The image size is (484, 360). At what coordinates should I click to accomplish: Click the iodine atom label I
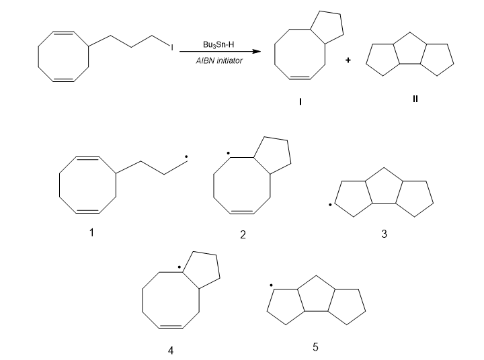point(172,48)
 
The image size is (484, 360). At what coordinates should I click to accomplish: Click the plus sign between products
point(348,60)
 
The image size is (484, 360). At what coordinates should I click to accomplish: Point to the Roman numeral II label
point(415,99)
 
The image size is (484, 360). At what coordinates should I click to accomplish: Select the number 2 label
point(243,235)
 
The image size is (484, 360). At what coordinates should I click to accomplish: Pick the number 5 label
point(315,347)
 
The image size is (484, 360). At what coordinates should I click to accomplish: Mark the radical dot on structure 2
point(229,154)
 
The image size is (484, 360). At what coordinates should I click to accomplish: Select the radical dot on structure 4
point(179,268)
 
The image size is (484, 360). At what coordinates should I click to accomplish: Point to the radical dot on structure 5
point(270,285)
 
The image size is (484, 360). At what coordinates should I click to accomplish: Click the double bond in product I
point(299,78)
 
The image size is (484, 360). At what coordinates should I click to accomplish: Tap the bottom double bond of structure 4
point(171,326)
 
